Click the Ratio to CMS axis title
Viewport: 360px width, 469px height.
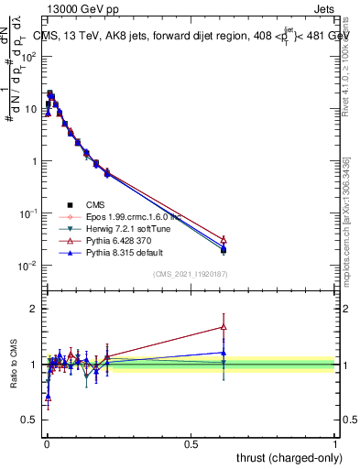pyautogui.click(x=13, y=365)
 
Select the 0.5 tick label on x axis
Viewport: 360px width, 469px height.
pyautogui.click(x=191, y=443)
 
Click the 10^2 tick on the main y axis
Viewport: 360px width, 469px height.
pyautogui.click(x=29, y=56)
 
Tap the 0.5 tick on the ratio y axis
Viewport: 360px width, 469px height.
pyautogui.click(x=30, y=420)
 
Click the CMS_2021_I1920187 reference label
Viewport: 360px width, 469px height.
pyautogui.click(x=191, y=273)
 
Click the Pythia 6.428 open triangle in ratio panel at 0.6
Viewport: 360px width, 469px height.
pyautogui.click(x=224, y=326)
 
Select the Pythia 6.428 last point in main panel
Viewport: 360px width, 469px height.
pyautogui.click(x=224, y=239)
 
